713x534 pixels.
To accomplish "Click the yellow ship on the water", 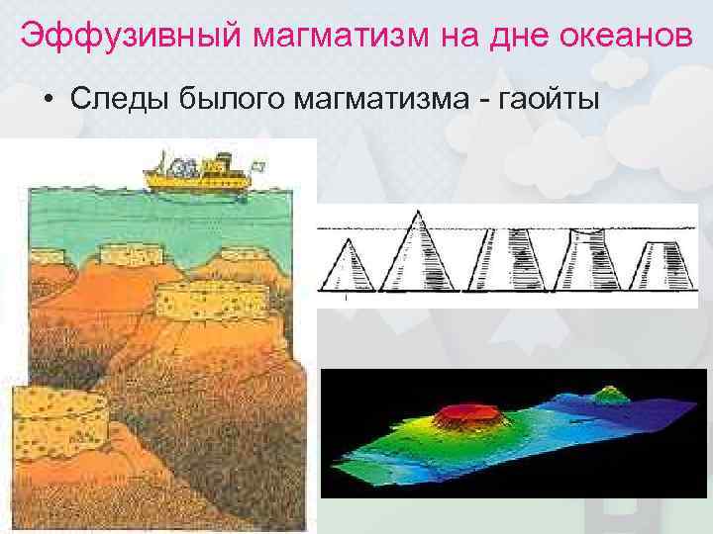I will (192, 175).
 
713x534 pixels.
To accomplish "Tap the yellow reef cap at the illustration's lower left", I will (57, 414).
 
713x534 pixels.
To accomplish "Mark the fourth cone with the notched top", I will (587, 259).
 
